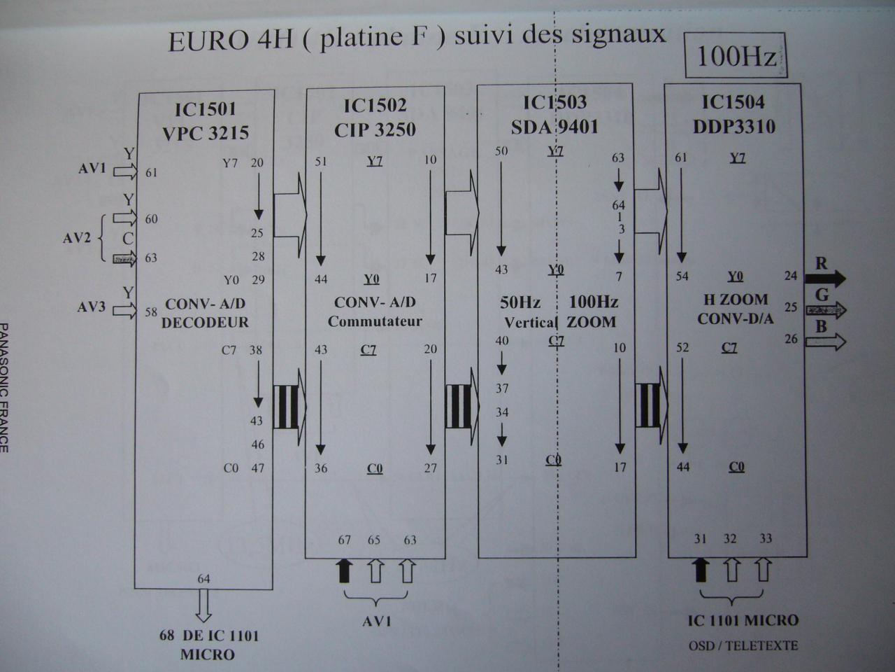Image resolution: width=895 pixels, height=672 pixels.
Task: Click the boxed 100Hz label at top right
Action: coord(736,55)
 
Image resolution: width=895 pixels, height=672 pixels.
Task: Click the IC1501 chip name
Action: coord(206,108)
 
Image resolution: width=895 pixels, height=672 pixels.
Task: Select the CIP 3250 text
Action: coord(375,129)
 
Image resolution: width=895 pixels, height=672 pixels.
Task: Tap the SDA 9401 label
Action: coord(555,127)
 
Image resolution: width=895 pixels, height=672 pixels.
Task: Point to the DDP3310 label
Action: coord(733,127)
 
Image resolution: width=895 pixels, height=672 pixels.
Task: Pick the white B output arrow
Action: coord(825,342)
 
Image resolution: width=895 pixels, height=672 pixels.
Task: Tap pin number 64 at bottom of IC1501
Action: coord(203,579)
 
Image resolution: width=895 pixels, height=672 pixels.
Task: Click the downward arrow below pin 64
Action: coord(203,605)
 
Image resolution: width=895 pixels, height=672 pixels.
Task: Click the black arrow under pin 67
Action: coord(344,570)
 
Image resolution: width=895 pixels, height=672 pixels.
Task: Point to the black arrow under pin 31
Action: coord(701,570)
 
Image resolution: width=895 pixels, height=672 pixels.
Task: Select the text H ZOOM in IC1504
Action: coord(735,300)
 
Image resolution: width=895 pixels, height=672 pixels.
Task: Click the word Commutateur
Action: coord(375,322)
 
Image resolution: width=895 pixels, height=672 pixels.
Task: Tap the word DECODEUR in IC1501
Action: coord(205,323)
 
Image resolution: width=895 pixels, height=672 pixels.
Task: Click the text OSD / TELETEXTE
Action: coord(743,645)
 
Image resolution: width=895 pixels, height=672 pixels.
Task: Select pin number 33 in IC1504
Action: coord(765,538)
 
